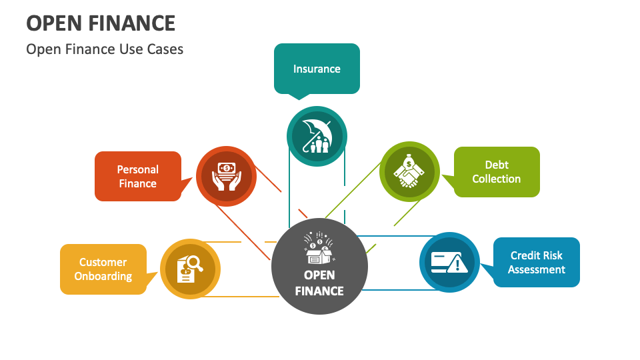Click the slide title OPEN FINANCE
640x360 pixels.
coord(101,23)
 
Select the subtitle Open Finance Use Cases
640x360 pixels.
coord(105,49)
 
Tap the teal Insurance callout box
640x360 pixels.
coord(317,69)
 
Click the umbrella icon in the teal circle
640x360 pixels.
coord(317,136)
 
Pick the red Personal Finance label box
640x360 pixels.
coord(137,176)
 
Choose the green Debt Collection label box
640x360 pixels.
coord(497,172)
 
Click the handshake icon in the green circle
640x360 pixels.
coord(409,172)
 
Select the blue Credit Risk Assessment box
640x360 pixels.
coord(537,262)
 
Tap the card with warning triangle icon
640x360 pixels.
coord(449,262)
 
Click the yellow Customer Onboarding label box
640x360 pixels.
coord(103,269)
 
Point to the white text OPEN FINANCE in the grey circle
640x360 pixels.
coord(319,283)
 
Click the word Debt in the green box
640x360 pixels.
coord(497,165)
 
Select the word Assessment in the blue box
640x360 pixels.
coord(537,269)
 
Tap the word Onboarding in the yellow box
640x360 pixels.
coord(103,277)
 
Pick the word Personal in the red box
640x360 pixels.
coord(137,169)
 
